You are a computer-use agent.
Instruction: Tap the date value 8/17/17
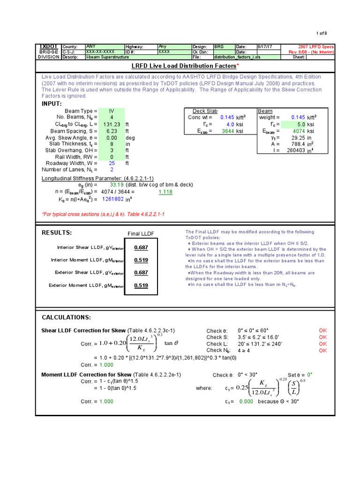coord(266,47)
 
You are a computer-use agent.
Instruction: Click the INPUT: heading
coord(52,103)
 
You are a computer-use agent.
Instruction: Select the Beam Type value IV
coord(112,111)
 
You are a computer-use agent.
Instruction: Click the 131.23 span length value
coord(112,124)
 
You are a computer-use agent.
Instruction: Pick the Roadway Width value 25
coord(112,163)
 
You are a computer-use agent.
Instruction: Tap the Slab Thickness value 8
coord(112,144)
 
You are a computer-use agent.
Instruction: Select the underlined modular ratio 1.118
coord(165,192)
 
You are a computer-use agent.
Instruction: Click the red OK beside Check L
coord(323,344)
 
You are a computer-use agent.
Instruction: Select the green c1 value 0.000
coord(246,402)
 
